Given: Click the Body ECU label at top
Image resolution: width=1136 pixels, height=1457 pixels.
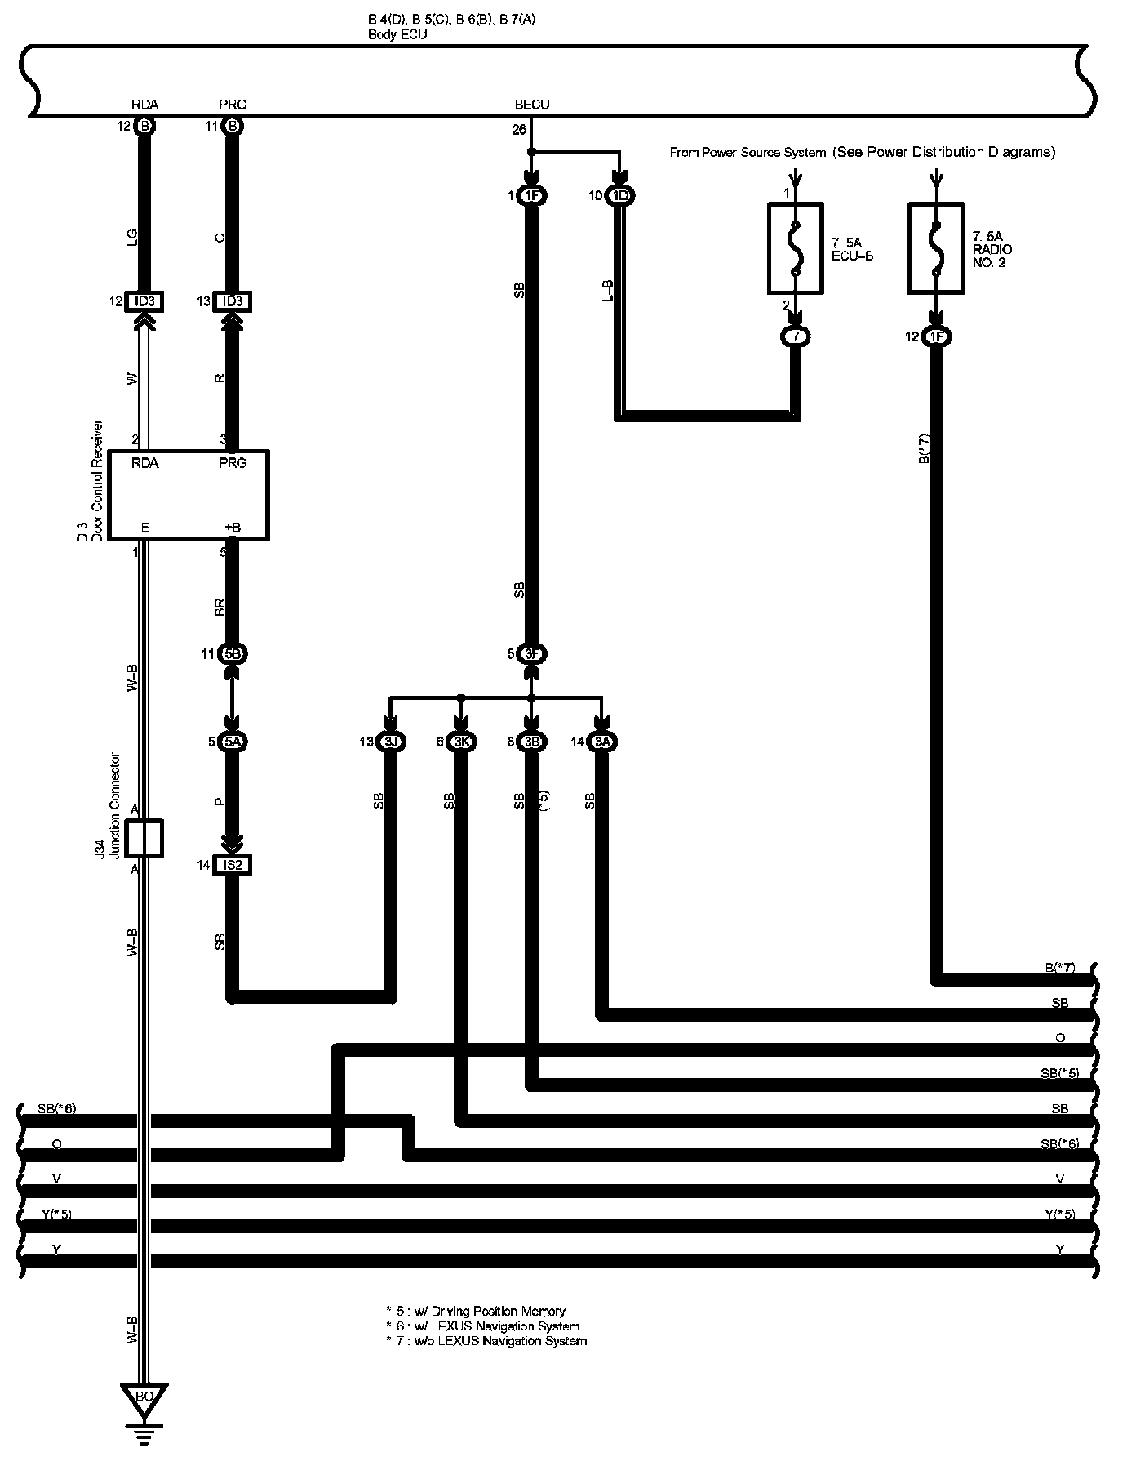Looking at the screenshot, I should [x=397, y=35].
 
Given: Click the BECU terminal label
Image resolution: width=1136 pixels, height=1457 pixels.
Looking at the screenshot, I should [x=532, y=105].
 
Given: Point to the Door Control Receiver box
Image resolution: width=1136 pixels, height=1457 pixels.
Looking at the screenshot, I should [x=189, y=494].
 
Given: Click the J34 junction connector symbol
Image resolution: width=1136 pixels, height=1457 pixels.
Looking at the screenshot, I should [x=144, y=838].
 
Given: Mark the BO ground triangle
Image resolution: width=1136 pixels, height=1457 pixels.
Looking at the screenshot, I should [x=144, y=1397].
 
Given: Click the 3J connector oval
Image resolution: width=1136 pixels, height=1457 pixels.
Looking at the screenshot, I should [x=390, y=742].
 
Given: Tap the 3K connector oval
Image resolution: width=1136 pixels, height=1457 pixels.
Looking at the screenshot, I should [x=461, y=742].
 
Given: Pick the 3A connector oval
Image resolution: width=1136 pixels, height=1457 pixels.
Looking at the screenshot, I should [x=602, y=742].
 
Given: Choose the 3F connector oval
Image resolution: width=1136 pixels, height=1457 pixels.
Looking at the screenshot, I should [x=531, y=654].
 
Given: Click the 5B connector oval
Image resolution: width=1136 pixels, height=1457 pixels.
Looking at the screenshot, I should [x=233, y=654].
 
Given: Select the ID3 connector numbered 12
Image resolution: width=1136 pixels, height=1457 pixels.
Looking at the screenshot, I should [x=144, y=302].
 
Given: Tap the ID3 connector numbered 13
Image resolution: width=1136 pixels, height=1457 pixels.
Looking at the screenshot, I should [x=233, y=302].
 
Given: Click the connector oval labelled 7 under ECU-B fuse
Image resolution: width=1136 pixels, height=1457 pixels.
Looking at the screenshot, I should [x=796, y=336].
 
